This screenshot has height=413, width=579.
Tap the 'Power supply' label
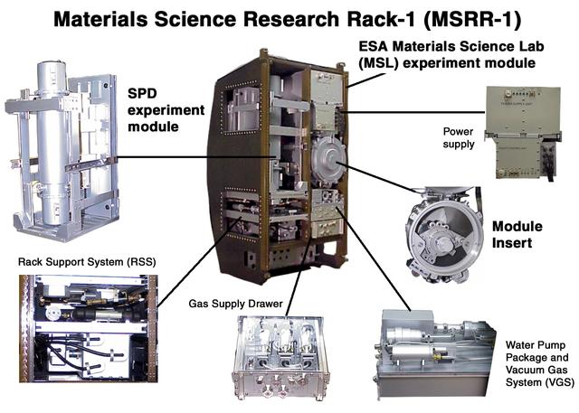(x=459, y=136)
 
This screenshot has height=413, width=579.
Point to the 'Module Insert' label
(x=519, y=233)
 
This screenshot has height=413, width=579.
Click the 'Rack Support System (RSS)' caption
(x=88, y=263)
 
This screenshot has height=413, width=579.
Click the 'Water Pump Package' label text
(x=538, y=351)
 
